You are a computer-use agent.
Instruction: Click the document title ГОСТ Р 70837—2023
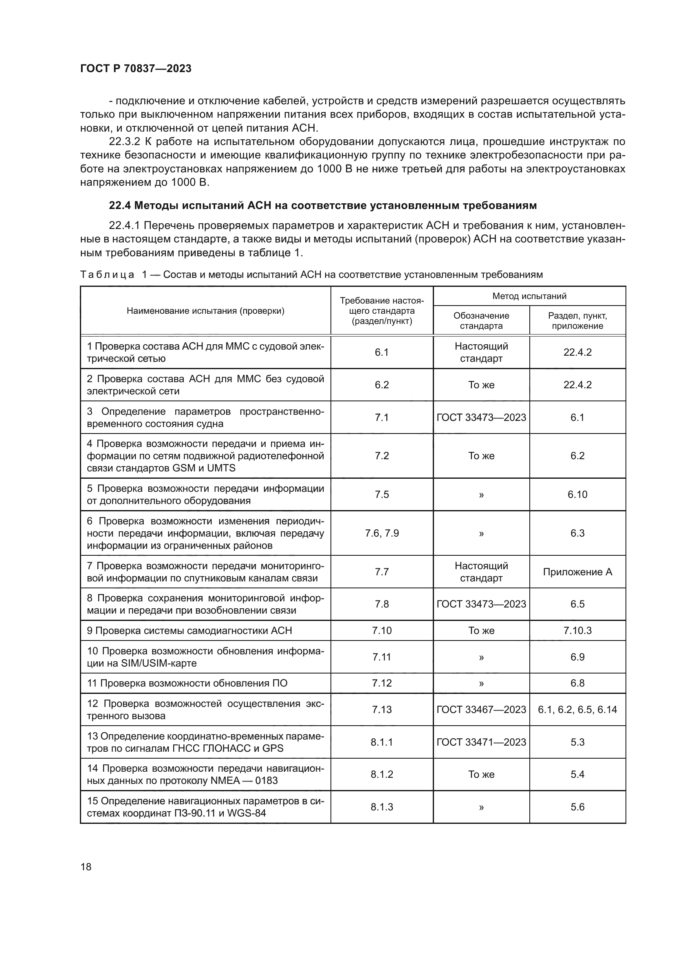click(136, 68)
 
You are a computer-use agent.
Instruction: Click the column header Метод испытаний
click(529, 296)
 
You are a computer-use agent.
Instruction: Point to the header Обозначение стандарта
click(481, 320)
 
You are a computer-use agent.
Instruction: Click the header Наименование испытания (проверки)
click(205, 311)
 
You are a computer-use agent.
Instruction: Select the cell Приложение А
click(577, 572)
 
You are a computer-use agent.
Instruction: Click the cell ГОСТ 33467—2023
click(481, 709)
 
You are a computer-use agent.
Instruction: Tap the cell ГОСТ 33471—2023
click(481, 742)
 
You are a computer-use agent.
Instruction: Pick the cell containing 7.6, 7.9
click(382, 533)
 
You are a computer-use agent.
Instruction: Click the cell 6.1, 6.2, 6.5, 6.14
click(577, 709)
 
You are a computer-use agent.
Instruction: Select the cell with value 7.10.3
click(577, 630)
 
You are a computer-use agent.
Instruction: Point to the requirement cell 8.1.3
click(382, 807)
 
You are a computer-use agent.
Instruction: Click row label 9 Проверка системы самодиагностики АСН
click(189, 630)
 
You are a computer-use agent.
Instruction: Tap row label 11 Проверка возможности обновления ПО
click(187, 683)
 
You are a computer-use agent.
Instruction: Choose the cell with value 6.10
click(577, 494)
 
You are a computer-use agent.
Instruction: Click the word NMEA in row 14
click(225, 780)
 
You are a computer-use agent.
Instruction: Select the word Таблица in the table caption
click(107, 274)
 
